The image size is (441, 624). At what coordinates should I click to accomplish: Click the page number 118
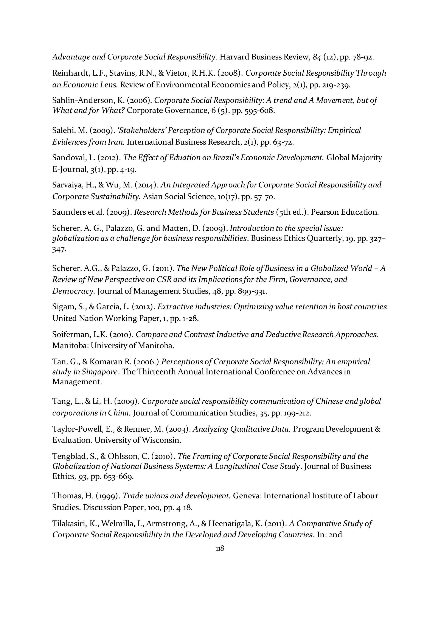coord(220,548)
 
